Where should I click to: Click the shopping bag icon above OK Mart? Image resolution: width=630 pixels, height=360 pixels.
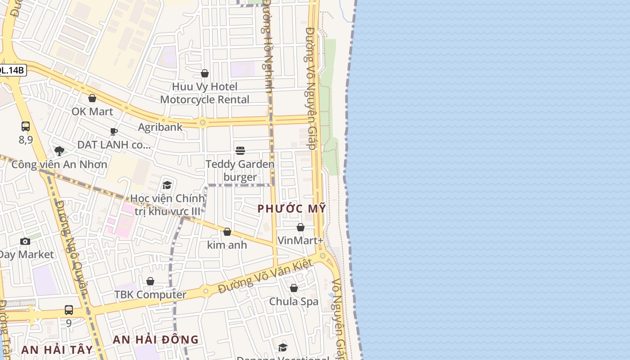point(92,98)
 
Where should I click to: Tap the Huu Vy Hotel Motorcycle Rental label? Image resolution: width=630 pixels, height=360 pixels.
point(205,93)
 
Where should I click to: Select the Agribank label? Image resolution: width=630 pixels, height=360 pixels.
point(160,127)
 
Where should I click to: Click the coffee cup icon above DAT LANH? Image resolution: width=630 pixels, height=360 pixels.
point(114,131)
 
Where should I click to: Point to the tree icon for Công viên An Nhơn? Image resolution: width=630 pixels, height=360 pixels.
point(59,151)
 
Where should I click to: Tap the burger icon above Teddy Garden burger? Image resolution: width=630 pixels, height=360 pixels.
point(240,150)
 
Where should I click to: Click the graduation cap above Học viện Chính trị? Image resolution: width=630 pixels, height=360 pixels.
point(167,185)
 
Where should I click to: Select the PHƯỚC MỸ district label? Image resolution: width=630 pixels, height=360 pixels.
point(292,208)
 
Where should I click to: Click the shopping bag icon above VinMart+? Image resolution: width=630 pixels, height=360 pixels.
point(301,227)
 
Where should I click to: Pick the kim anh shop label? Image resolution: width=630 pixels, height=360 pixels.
point(227,245)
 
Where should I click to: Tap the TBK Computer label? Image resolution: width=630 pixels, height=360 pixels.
point(150,295)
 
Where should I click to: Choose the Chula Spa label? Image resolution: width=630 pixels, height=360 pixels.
point(293,301)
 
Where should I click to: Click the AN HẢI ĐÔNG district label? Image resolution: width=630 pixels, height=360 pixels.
point(156,339)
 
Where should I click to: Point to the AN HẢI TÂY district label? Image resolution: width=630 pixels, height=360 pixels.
point(57,350)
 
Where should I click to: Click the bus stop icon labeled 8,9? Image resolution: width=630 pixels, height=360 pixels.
point(26,126)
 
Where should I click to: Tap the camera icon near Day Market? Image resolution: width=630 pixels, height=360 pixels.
point(25,241)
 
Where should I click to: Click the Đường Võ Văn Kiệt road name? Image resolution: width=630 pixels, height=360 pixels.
point(265,276)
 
